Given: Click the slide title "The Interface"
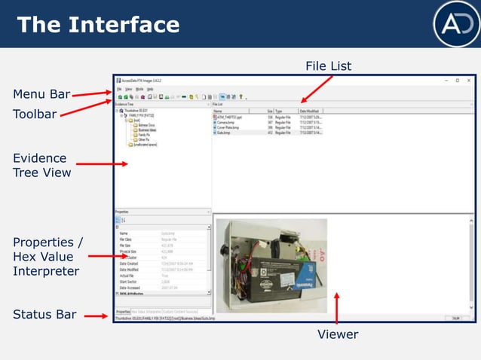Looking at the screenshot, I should tap(98, 25).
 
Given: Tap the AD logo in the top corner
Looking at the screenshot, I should tap(455, 23).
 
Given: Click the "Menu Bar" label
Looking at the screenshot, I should tap(41, 94).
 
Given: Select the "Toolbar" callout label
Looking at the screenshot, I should tap(35, 114).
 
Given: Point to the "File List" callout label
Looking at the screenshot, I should tap(328, 67).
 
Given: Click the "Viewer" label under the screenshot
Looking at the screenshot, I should tap(337, 334).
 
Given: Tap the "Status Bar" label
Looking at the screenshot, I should tap(44, 314).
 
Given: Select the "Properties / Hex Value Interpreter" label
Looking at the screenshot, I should tap(47, 256).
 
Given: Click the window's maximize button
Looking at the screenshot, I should tap(457, 80).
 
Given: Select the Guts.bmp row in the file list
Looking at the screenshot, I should tap(225, 132).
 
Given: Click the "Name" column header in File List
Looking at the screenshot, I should tap(218, 111).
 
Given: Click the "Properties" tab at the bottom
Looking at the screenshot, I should tap(122, 312).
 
